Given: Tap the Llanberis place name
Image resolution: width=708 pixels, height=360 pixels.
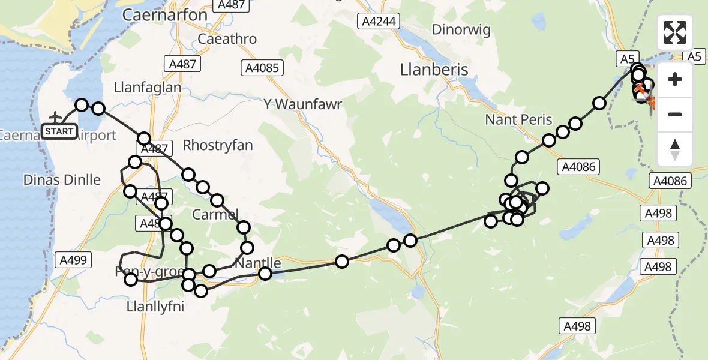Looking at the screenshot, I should click(x=434, y=70).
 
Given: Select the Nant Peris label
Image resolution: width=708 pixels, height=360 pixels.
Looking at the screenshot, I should click(x=518, y=120).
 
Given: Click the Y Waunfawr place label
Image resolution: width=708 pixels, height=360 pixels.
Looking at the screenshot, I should click(x=302, y=104).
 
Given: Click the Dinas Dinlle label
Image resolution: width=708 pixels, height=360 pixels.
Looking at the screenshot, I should click(x=62, y=179).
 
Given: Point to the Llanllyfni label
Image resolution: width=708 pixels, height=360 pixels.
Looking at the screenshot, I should click(x=155, y=307).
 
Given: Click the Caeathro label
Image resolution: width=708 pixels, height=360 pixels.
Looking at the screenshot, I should click(x=227, y=39).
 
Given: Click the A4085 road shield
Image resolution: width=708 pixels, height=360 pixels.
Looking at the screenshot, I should click(x=262, y=68).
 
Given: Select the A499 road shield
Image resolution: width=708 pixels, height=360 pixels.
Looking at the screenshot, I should click(x=74, y=260).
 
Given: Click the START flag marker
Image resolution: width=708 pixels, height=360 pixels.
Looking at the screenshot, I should click(x=59, y=131).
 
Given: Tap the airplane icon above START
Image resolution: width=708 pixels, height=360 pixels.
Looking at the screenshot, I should click(x=56, y=116).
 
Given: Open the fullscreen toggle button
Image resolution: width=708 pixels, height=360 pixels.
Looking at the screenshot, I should click(x=674, y=32).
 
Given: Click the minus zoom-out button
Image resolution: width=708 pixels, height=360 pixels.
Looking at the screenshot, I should click(x=674, y=114).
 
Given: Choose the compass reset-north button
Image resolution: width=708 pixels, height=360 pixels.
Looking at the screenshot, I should click(x=674, y=149).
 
